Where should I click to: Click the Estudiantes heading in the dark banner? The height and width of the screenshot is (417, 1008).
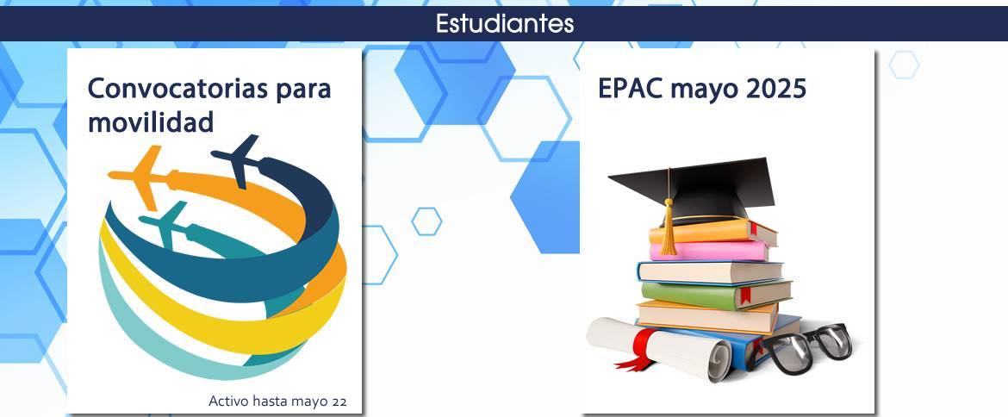point(505,24)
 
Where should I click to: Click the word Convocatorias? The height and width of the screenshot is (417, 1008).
point(177,89)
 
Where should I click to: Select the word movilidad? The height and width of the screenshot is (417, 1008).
point(151,121)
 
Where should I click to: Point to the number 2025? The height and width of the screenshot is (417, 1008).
point(776,89)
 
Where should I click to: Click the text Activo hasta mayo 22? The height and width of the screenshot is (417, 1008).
point(277,401)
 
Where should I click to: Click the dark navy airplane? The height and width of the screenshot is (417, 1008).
point(237,159)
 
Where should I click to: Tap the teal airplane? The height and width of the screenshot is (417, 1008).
point(165,224)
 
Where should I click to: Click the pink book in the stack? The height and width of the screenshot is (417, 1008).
point(709,251)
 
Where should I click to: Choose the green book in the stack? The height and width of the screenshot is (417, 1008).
point(715,294)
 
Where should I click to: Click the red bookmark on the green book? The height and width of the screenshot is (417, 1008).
point(746,296)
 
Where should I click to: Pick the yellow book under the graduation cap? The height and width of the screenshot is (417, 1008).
point(712,232)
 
